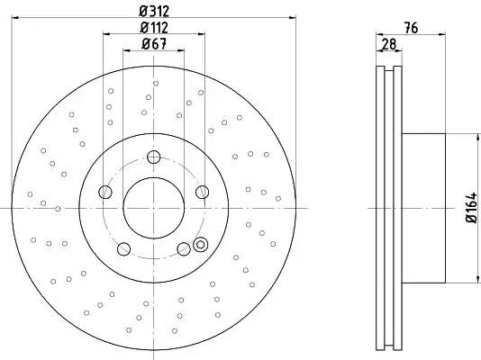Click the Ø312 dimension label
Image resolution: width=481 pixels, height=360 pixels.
[154, 12]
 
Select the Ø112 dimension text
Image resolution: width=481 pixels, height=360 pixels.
[154, 28]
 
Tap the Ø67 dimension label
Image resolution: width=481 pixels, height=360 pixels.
[154, 44]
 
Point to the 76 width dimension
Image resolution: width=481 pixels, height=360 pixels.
[411, 28]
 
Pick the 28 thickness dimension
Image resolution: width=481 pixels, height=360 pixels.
[389, 44]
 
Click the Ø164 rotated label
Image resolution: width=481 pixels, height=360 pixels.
[471, 208]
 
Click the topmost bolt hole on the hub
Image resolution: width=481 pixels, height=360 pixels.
[154, 157]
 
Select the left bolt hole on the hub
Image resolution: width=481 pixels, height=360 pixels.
[105, 192]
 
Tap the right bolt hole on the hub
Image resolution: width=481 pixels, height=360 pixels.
[203, 192]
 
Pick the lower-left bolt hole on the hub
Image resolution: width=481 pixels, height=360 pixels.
[123, 248]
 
